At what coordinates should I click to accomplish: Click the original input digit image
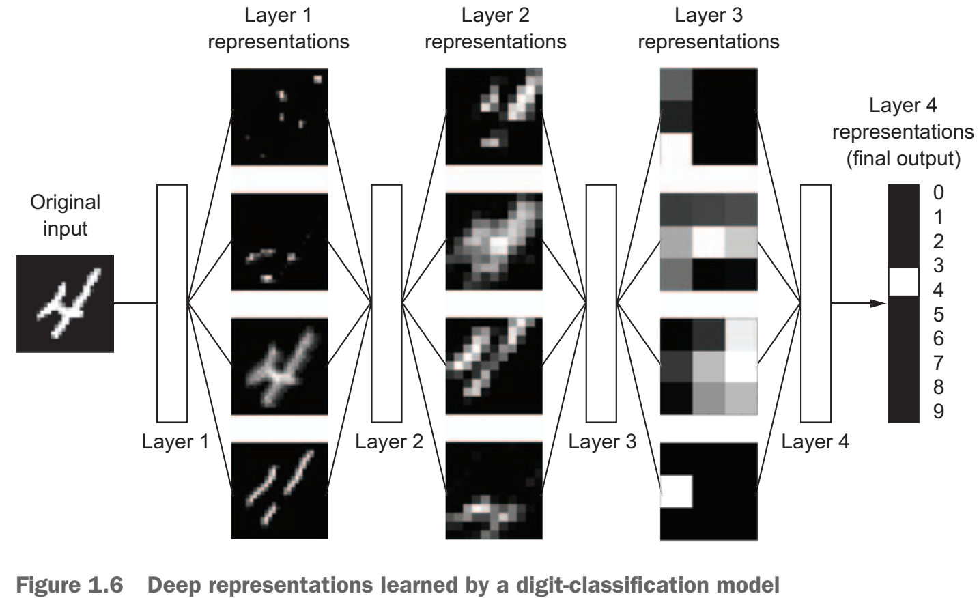pos(65,303)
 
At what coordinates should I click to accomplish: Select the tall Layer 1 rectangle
pos(172,303)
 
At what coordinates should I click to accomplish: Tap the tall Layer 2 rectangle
pos(386,303)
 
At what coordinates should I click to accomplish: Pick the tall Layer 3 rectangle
pos(601,303)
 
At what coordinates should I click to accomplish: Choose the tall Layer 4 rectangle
pos(815,303)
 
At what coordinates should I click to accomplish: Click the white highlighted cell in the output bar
pos(903,281)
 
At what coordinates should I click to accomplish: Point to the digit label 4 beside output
pos(939,290)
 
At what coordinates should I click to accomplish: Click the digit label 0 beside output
pos(939,193)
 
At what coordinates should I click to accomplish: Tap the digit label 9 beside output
pos(939,412)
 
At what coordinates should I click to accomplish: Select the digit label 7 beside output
pos(939,362)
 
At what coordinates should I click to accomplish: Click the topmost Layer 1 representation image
pos(279,116)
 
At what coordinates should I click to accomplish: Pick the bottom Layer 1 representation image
pos(279,491)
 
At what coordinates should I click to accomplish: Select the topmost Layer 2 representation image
pos(494,116)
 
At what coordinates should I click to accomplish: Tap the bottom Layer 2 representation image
pos(494,491)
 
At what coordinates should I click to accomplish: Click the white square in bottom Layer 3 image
pos(677,492)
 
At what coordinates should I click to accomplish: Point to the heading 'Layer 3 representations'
pos(708,29)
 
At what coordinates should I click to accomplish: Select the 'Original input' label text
pos(65,215)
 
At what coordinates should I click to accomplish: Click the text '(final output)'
pos(903,159)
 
